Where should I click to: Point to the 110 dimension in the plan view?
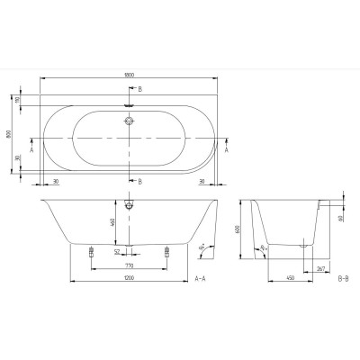point(28,103)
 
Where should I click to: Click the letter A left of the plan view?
point(32,152)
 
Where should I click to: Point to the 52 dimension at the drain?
point(117,252)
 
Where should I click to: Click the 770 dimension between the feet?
point(128,266)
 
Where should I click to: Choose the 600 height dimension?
point(237,230)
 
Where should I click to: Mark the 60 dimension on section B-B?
point(340,217)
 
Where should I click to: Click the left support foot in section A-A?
point(93,254)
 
